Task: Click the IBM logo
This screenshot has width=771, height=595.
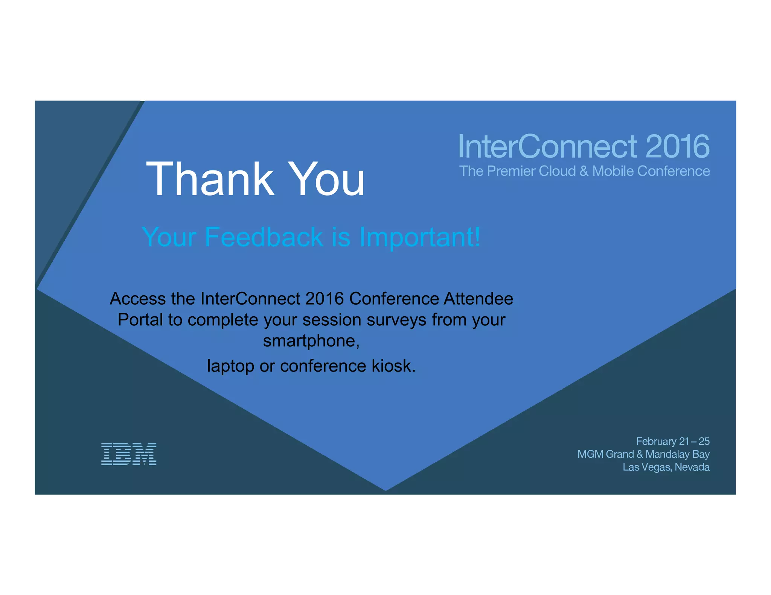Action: pos(129,454)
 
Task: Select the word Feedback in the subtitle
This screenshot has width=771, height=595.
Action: pos(264,237)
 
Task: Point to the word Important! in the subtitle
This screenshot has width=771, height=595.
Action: pos(420,237)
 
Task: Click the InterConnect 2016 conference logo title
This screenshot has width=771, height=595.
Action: pos(584,146)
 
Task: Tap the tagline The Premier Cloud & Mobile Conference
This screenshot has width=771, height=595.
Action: pos(584,171)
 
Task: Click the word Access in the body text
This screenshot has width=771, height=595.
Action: pos(137,299)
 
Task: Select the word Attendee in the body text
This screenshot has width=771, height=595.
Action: pos(478,299)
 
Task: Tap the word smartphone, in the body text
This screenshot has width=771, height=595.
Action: pos(311,341)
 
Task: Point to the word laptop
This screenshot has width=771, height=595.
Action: pos(230,366)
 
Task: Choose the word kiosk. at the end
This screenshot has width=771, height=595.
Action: pos(394,366)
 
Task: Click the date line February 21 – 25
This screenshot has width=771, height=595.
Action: pos(673,441)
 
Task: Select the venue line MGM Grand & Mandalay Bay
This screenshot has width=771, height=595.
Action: pos(643,454)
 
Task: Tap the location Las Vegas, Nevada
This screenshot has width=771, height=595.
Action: pos(666,467)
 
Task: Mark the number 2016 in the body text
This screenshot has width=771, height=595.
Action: pos(325,299)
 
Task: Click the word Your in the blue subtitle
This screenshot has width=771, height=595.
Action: pos(169,237)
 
